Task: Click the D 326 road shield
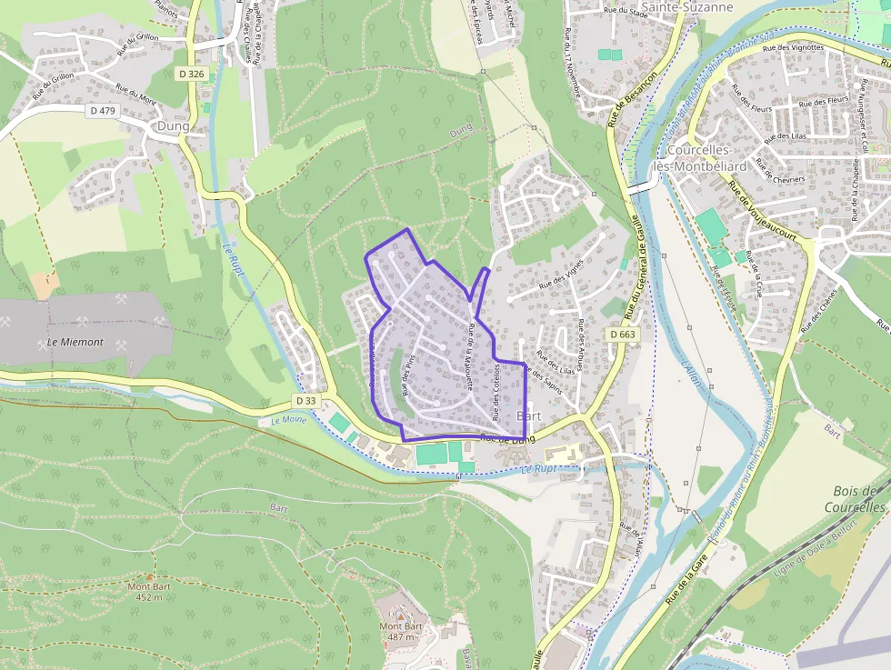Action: [191, 74]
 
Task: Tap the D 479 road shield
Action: [105, 110]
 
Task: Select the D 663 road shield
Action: [623, 335]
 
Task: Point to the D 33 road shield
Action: [306, 400]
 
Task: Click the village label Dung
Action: [173, 126]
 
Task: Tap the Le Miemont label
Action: [75, 343]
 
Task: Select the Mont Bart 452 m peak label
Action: [148, 592]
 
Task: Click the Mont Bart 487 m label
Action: [401, 631]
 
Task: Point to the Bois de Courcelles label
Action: [858, 499]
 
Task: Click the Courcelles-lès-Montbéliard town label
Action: [706, 158]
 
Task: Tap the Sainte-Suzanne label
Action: [674, 7]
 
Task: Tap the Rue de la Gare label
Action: [686, 582]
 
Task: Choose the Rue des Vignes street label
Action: [561, 273]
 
